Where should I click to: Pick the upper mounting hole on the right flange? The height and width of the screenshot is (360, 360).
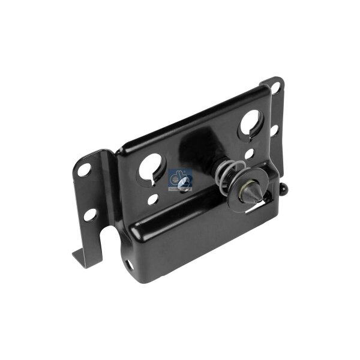click(x=277, y=88)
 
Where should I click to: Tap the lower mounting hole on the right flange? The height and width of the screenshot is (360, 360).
click(x=274, y=128)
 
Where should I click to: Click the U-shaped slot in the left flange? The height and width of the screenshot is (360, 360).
click(x=107, y=238)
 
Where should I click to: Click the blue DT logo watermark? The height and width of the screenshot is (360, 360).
click(x=181, y=178)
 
